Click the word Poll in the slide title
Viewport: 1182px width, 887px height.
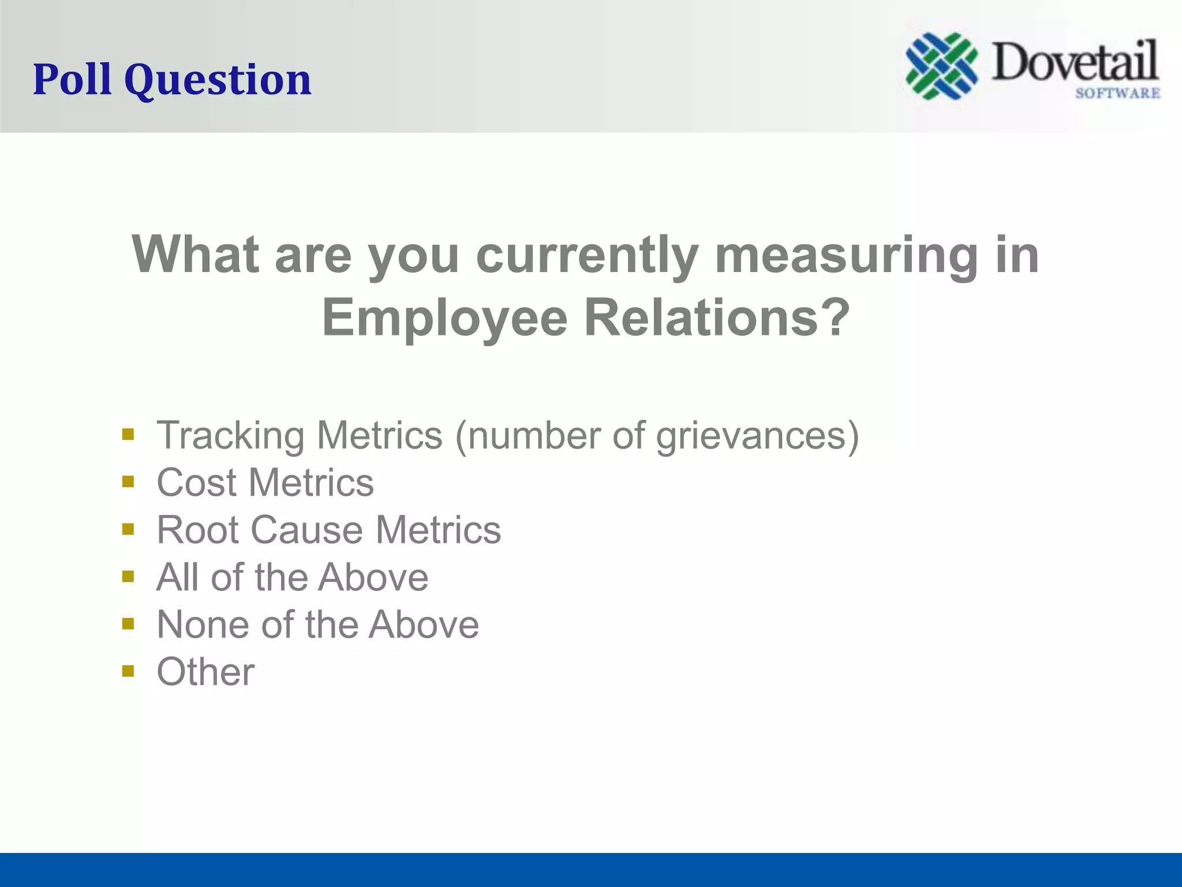pyautogui.click(x=72, y=79)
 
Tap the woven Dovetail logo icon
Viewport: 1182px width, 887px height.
pyautogui.click(x=941, y=66)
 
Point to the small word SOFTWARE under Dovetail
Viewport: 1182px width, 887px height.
pyautogui.click(x=1117, y=93)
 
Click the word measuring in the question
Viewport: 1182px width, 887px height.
pyautogui.click(x=846, y=255)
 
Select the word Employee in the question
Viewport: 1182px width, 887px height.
pyautogui.click(x=444, y=318)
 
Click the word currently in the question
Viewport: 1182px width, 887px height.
pyautogui.click(x=587, y=255)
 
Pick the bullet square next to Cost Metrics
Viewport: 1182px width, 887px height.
pyautogui.click(x=128, y=482)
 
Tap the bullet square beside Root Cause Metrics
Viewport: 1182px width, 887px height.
pyautogui.click(x=128, y=529)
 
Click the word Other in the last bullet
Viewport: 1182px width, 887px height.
pyautogui.click(x=205, y=672)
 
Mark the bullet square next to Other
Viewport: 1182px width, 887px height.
pyautogui.click(x=128, y=671)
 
